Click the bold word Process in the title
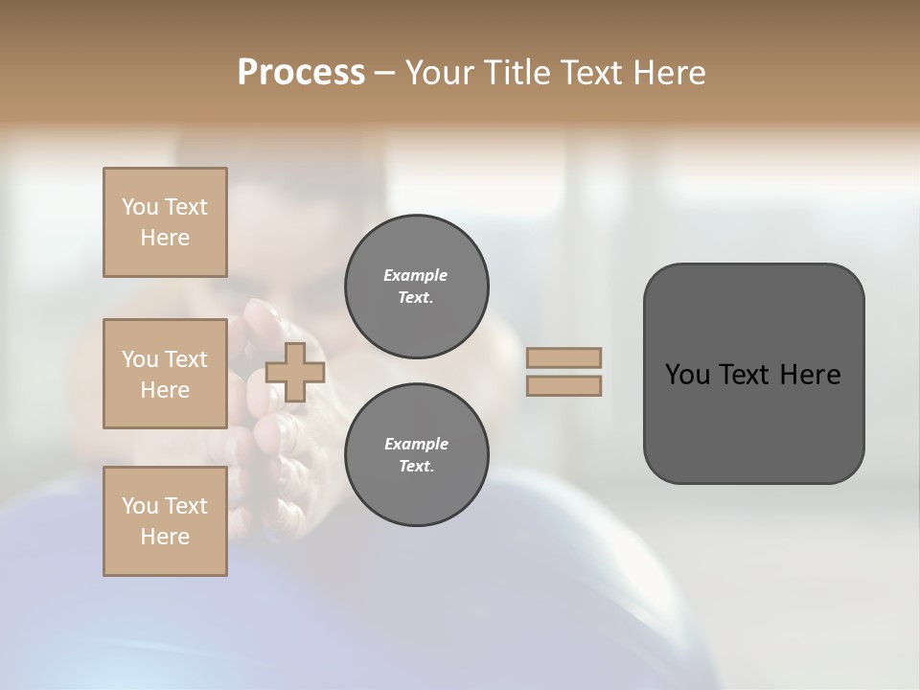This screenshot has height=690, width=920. [301, 72]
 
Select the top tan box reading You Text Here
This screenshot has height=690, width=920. [165, 222]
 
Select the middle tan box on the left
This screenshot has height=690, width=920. [165, 374]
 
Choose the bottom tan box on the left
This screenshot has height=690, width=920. [165, 521]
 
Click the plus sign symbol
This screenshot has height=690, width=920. [295, 372]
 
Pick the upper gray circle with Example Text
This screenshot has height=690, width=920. [416, 287]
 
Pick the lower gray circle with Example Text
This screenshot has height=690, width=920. [416, 455]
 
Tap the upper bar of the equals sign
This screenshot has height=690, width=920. [563, 358]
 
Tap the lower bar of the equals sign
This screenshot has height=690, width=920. [563, 385]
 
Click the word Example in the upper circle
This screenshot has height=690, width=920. [416, 275]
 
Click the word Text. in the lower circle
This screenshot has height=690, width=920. [416, 467]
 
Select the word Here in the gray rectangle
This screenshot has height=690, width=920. [811, 375]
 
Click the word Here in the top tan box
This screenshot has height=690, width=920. [165, 238]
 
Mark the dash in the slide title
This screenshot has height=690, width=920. [384, 73]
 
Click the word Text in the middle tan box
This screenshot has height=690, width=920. [186, 359]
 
